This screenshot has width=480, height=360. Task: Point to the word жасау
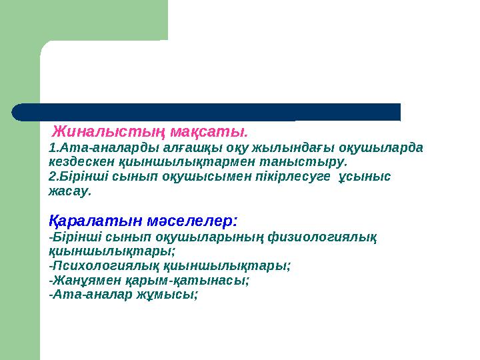tap(69, 191)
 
